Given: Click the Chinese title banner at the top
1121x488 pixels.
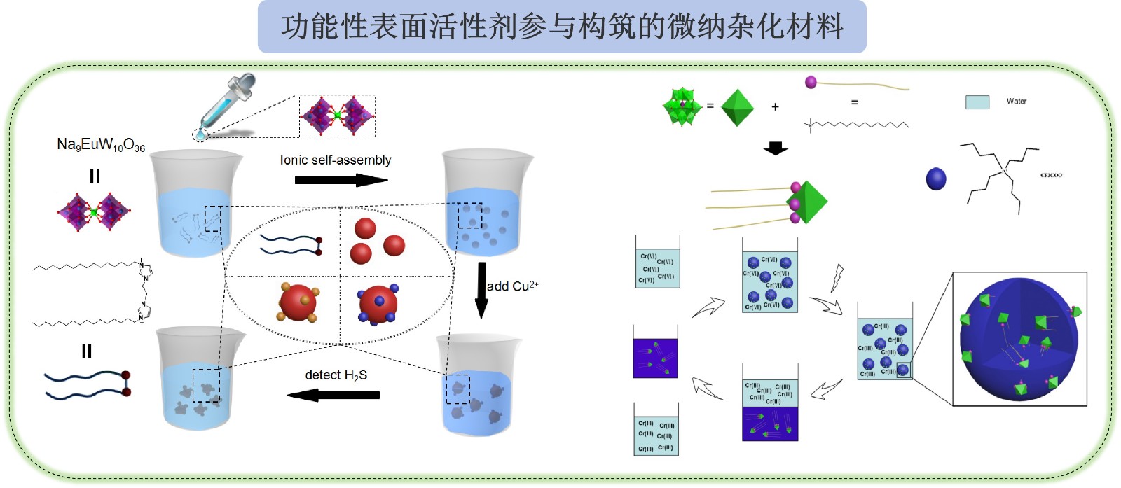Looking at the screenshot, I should pos(562,27).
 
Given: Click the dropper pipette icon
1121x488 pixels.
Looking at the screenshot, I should pos(226,103).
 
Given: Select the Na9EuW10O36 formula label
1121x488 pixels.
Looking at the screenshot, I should pos(101,145).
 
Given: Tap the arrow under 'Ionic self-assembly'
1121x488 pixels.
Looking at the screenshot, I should pos(341,180).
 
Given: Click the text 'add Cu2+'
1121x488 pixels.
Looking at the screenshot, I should pos(512,286).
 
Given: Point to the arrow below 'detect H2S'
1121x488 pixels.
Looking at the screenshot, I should pos(333,396).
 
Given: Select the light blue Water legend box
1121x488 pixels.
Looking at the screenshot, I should pos(977,102).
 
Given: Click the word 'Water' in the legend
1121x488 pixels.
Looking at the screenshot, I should pos(1016,102).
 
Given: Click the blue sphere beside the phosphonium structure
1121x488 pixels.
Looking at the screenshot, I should pos(936,179).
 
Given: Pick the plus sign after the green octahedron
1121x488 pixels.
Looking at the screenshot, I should pos(775,107).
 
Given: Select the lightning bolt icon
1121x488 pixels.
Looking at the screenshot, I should pos(837,277).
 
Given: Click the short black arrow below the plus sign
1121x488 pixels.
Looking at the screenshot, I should pos(775,148).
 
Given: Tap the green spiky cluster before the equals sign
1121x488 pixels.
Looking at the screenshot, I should pos(681,107).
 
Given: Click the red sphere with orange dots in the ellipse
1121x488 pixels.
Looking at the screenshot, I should pos(299,302).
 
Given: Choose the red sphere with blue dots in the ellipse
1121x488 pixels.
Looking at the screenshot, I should pos(378,304).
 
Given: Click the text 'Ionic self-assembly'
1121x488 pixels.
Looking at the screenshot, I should pos(336,160).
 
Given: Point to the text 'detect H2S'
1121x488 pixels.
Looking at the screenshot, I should pos(336,375).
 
